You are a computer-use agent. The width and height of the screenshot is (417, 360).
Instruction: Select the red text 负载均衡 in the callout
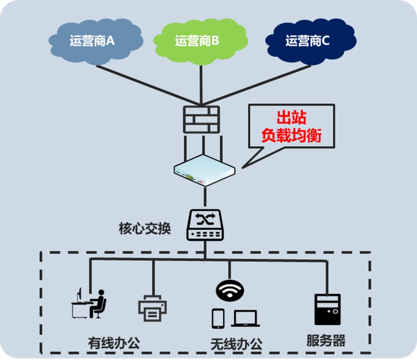pos(292,135)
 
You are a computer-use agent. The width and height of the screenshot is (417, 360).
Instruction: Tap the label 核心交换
pos(144,229)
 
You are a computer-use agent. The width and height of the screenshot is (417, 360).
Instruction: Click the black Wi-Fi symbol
pos(230,289)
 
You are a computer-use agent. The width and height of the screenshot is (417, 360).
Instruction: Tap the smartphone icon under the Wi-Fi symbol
pos(218,318)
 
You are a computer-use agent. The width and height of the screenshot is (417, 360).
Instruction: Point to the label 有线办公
pos(114,343)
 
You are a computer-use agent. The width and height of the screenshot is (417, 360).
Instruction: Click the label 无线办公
pos(236,344)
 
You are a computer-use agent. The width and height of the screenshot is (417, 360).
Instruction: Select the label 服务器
pos(326,341)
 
